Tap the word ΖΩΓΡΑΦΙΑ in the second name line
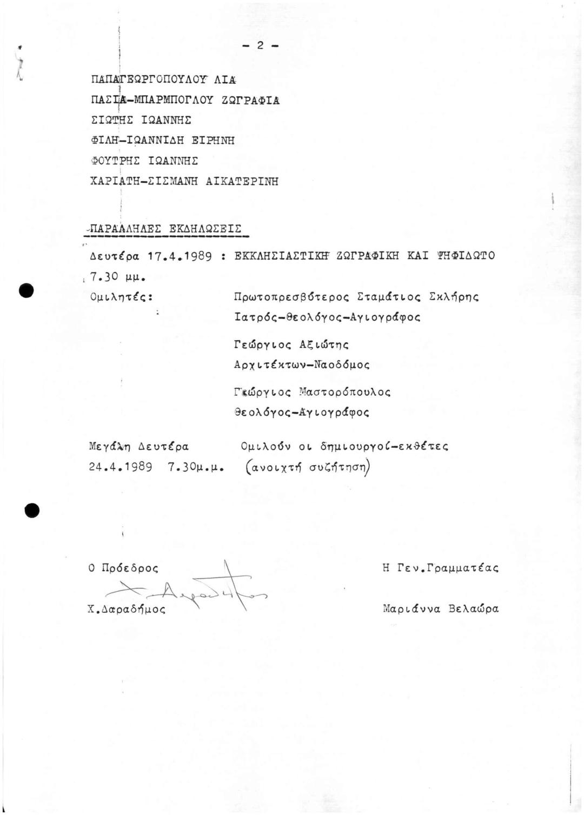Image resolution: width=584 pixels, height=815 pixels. (x=254, y=100)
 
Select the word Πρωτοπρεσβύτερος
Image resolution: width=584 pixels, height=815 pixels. (x=293, y=297)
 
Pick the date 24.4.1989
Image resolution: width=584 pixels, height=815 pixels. (x=121, y=466)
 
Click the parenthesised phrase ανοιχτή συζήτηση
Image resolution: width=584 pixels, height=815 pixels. (x=308, y=467)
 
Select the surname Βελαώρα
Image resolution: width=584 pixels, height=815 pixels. (x=474, y=608)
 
